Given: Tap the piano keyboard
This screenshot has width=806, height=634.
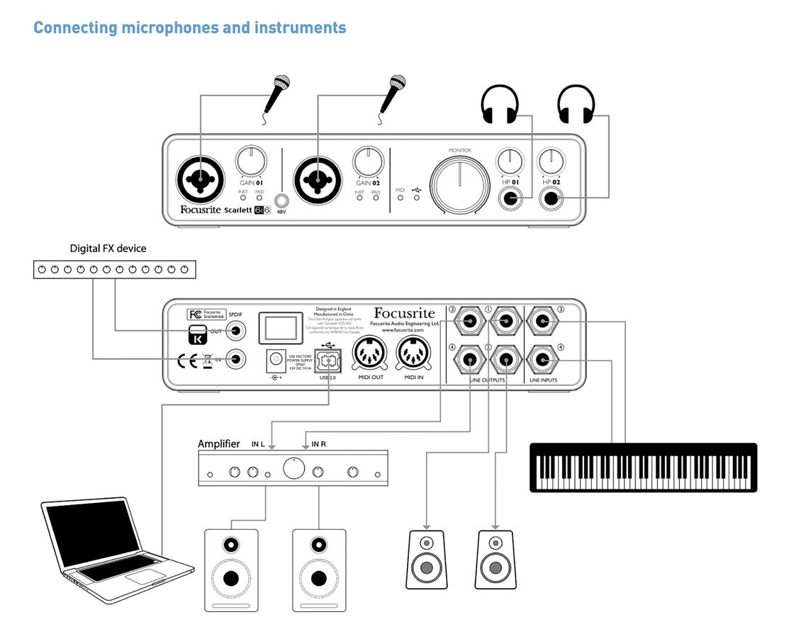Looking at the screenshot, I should pyautogui.click(x=643, y=468).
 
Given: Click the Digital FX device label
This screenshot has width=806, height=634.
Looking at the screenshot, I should pyautogui.click(x=108, y=249).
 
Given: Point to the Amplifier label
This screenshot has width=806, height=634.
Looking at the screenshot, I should pyautogui.click(x=218, y=444).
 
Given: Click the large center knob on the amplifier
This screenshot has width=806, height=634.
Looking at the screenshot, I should pyautogui.click(x=293, y=468).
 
